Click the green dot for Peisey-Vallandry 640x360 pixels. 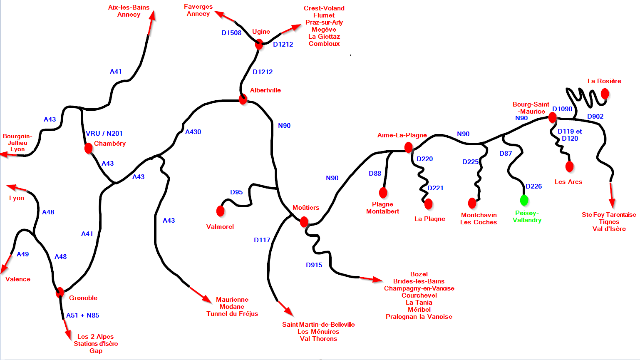tap(524, 200)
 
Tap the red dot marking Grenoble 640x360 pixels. tap(60, 292)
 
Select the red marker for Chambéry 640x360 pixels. tap(89, 148)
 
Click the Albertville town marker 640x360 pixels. tap(243, 99)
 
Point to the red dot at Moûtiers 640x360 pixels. tap(304, 221)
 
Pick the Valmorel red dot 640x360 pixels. tap(221, 211)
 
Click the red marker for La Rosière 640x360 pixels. tap(605, 94)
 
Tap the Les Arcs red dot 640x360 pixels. tap(570, 166)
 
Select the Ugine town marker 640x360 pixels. tap(259, 44)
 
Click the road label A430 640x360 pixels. tap(193, 132)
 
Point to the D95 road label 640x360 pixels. tap(236, 192)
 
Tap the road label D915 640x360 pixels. tap(314, 265)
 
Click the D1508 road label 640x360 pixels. tap(231, 33)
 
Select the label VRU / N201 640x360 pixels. tap(104, 134)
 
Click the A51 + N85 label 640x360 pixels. tap(83, 315)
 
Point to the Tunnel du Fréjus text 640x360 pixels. tap(232, 314)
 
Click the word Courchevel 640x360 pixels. tap(419, 295)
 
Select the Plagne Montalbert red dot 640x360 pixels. tap(383, 193)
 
